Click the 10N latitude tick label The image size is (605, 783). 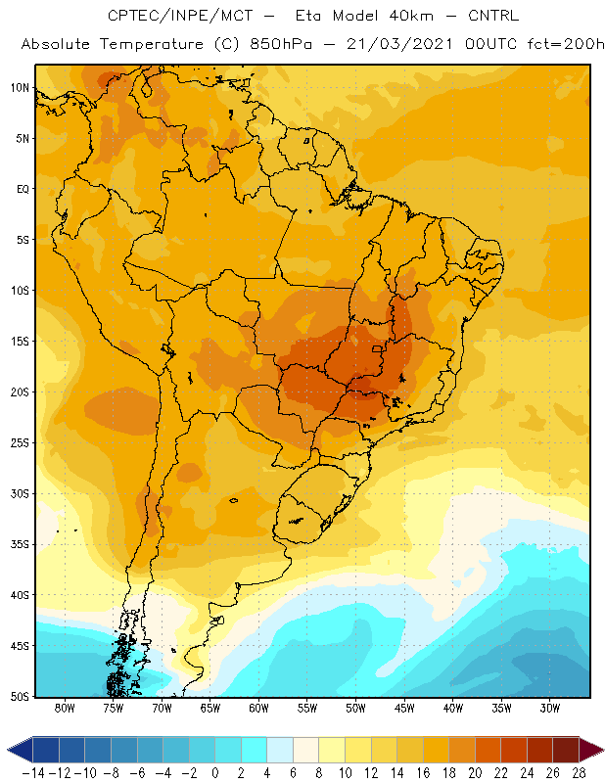pos(20,88)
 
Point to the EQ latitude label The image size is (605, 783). pos(23,189)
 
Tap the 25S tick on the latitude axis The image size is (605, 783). pos(20,443)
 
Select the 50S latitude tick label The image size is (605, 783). pos(20,696)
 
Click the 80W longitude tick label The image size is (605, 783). pos(65,708)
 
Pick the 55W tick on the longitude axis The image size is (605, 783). pos(307,708)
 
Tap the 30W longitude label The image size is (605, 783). pos(550,708)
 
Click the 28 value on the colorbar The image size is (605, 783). pos(579,773)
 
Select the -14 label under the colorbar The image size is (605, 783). pos(33,773)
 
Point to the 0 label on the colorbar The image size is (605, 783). pos(214,773)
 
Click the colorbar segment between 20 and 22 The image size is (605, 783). pos(488,750)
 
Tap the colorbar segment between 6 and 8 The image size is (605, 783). pos(305,750)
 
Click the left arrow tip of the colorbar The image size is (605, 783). pos(8,750)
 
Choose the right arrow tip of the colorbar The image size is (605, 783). pos(603,750)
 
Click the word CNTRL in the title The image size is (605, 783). pos(493,16)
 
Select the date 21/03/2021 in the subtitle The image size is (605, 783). pos(399,44)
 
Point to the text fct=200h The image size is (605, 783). pos(566,44)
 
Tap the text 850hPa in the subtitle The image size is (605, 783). pos(281,44)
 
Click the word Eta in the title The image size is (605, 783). pos(307,16)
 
